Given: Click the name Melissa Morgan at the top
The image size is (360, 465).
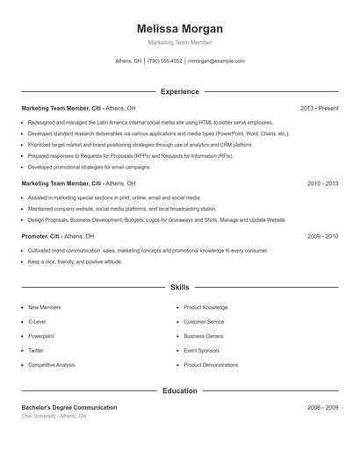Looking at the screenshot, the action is click(180, 28).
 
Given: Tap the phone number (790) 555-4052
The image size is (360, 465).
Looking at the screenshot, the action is click(165, 61).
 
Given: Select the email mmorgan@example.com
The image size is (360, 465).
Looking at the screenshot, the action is click(216, 61).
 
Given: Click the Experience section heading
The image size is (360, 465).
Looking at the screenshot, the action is click(180, 91).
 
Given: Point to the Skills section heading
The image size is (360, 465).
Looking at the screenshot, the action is click(180, 287).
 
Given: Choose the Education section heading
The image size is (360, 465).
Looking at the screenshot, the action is click(180, 390).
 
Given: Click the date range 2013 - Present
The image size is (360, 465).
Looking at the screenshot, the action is click(319, 108).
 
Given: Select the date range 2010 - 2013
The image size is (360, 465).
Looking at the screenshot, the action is click(322, 183).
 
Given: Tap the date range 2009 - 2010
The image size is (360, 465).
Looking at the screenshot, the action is click(322, 236).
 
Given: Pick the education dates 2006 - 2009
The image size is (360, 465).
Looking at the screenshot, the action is click(322, 408).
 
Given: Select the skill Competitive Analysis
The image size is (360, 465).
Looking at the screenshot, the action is click(51, 364).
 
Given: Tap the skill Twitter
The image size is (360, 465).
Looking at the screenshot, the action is click(37, 350).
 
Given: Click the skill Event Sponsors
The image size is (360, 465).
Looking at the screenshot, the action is click(202, 350).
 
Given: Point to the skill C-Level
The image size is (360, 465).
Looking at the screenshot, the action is click(37, 322).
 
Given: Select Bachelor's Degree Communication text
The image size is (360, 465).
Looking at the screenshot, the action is click(69, 408).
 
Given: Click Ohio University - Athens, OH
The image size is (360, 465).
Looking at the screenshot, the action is click(54, 416).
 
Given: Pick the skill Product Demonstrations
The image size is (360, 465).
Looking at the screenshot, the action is click(211, 364).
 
